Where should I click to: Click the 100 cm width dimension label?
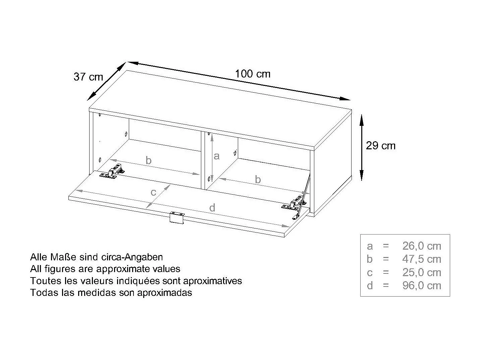tap(253, 74)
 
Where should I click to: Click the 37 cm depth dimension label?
tap(88, 77)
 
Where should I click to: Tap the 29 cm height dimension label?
tap(381, 146)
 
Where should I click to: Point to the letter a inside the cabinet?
tap(216, 156)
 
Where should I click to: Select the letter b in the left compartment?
tap(149, 161)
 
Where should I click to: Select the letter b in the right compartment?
tap(258, 179)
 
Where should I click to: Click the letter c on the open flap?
tap(153, 192)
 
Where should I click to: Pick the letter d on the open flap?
tap(212, 208)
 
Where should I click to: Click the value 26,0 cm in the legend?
tap(422, 246)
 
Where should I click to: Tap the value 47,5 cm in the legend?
tap(422, 259)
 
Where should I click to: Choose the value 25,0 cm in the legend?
tap(422, 272)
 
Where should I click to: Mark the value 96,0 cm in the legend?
tap(422, 286)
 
